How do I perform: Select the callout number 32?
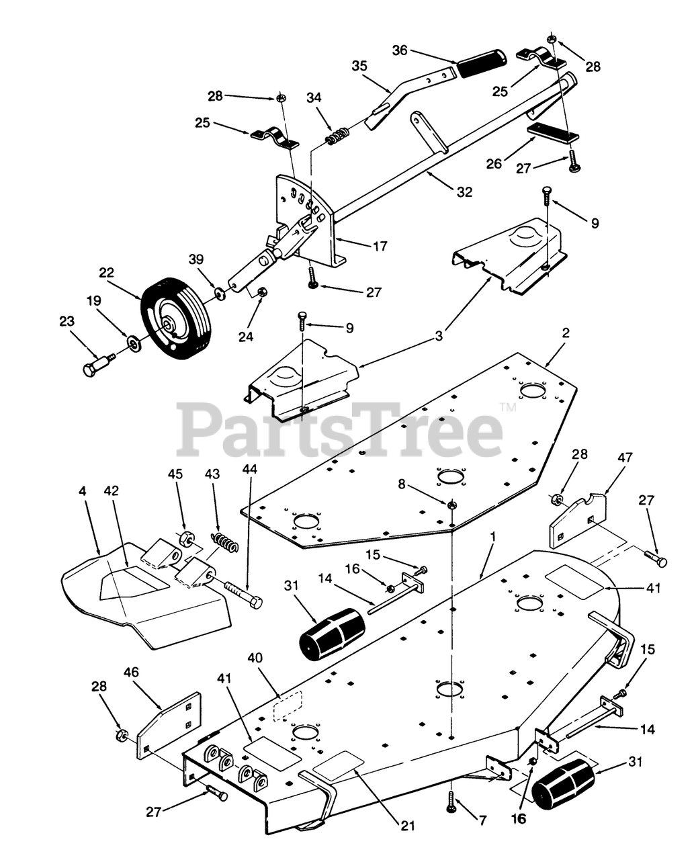tap(464, 192)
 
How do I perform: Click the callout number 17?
tap(380, 246)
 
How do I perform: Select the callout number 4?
tap(83, 491)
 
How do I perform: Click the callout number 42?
tap(111, 491)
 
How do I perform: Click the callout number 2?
tap(566, 332)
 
